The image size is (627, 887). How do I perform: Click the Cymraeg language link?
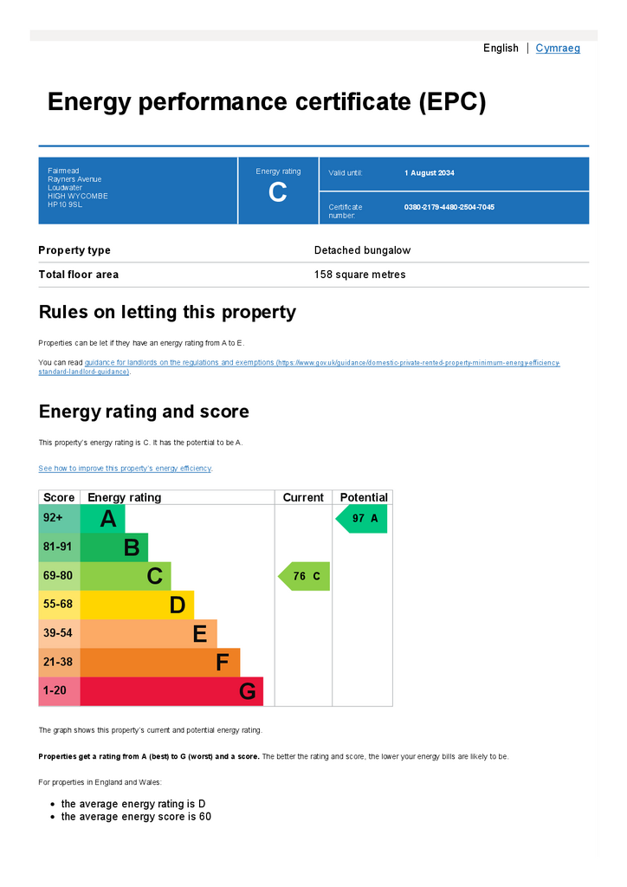click(558, 49)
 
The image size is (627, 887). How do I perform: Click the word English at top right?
click(501, 49)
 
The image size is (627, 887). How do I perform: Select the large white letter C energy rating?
click(278, 192)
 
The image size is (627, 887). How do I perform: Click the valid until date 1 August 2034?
click(430, 173)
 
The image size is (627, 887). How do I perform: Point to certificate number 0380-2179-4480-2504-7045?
click(449, 207)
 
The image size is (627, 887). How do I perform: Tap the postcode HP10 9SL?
click(65, 204)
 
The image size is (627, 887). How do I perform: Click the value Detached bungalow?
click(362, 250)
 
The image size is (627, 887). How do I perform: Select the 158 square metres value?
click(359, 275)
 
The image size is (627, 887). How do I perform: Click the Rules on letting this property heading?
click(167, 312)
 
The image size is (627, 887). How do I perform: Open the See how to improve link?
click(125, 469)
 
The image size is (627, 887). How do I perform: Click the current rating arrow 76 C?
click(304, 576)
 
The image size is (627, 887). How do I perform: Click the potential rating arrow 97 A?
click(361, 519)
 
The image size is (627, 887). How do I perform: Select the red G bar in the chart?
click(171, 691)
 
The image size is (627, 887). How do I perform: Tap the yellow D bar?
click(137, 605)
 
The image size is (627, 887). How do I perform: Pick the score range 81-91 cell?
click(60, 547)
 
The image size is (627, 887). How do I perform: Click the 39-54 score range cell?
click(60, 633)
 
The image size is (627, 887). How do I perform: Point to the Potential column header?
click(364, 497)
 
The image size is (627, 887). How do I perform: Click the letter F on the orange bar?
click(223, 663)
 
